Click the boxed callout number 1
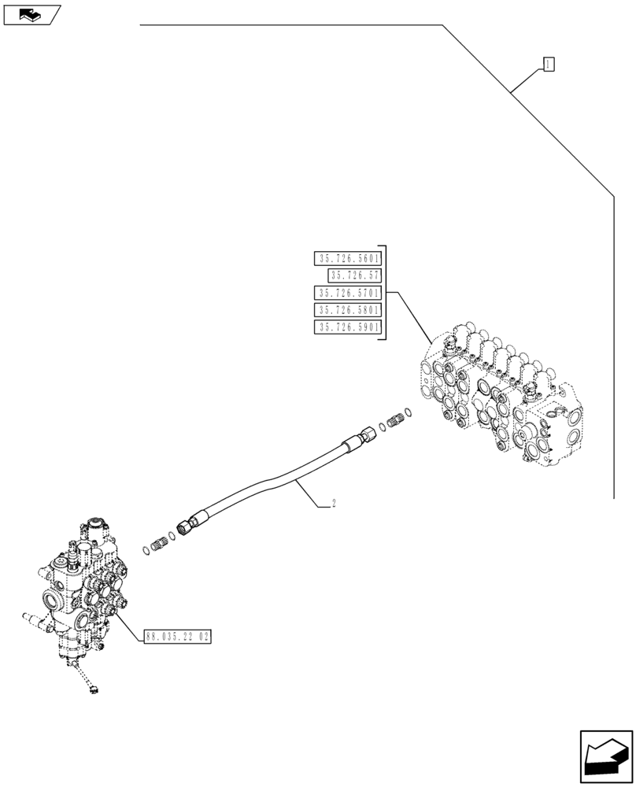click(549, 64)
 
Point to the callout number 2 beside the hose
click(334, 504)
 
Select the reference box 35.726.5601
click(347, 258)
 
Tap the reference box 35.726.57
click(355, 275)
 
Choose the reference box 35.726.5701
click(347, 293)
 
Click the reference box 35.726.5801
click(347, 310)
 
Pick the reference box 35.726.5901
click(347, 327)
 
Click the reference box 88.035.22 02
click(178, 637)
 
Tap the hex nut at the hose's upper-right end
click(368, 434)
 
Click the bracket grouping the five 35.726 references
click(383, 293)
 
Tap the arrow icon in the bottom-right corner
click(605, 757)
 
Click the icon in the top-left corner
click(31, 13)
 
